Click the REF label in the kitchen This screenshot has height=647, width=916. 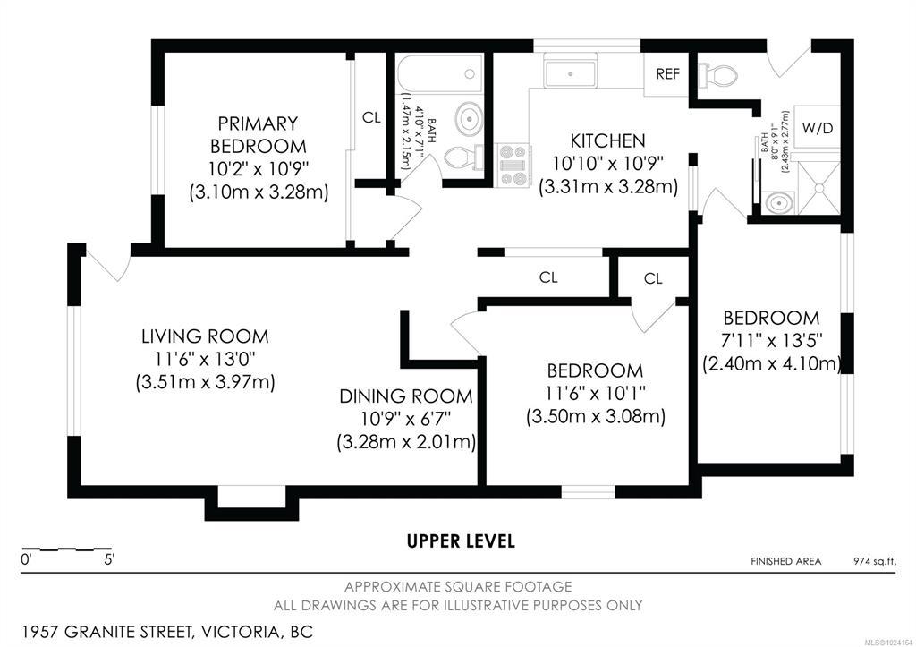click(667, 74)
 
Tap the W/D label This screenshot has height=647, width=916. click(818, 128)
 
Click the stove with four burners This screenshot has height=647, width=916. click(513, 166)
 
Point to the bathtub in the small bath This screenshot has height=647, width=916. click(440, 73)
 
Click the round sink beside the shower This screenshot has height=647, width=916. click(779, 203)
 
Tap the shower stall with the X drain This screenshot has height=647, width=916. click(818, 188)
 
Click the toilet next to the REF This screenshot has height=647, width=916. click(718, 75)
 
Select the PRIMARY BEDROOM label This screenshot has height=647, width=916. click(258, 134)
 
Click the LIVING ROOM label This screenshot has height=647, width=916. click(205, 336)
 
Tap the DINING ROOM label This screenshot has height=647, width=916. click(406, 396)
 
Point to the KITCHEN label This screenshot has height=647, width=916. click(607, 140)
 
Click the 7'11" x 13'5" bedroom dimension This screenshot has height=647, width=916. click(771, 340)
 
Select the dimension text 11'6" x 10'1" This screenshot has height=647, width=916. click(595, 393)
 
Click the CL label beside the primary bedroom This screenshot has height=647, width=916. click(371, 117)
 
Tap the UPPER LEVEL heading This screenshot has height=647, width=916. click(461, 541)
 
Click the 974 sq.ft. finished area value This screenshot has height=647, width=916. click(875, 562)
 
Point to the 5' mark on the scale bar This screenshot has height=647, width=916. click(109, 560)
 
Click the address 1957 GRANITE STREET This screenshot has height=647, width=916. click(107, 632)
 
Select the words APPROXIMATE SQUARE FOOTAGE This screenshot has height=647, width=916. click(458, 587)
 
